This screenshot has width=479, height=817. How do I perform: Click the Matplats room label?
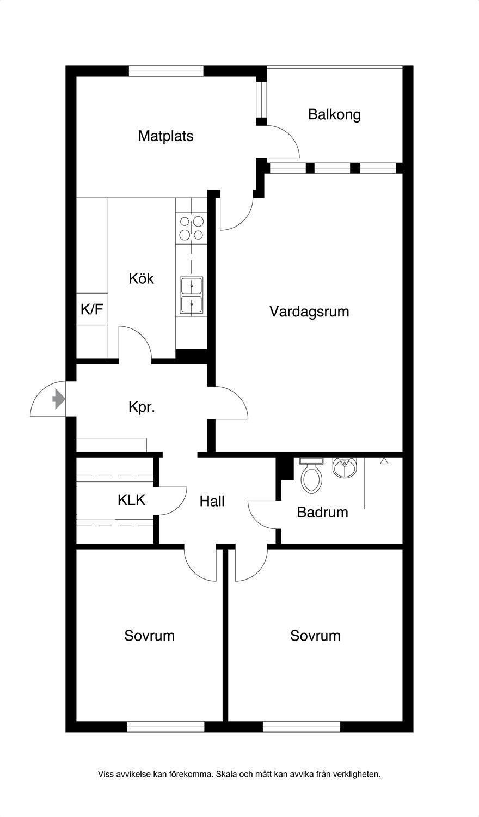(x=165, y=136)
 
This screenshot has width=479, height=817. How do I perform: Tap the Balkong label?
(x=334, y=114)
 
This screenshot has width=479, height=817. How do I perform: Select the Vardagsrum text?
(x=309, y=312)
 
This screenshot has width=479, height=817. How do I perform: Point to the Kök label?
(x=141, y=279)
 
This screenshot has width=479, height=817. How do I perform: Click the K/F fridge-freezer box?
(x=92, y=309)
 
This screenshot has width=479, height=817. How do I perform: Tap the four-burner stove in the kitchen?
(x=192, y=228)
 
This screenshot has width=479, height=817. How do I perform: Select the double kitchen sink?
(x=192, y=295)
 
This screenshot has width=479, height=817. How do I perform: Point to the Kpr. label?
(x=142, y=407)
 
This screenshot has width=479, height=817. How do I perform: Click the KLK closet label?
(x=131, y=499)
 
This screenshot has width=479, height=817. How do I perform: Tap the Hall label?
(x=212, y=502)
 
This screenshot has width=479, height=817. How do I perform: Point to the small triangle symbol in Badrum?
(x=384, y=461)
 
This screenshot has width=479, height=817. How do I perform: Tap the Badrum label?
(x=322, y=513)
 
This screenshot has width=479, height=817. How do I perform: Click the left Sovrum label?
(x=150, y=636)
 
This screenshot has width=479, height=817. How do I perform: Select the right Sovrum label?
(x=315, y=636)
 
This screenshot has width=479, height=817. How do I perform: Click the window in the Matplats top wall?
(x=166, y=71)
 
